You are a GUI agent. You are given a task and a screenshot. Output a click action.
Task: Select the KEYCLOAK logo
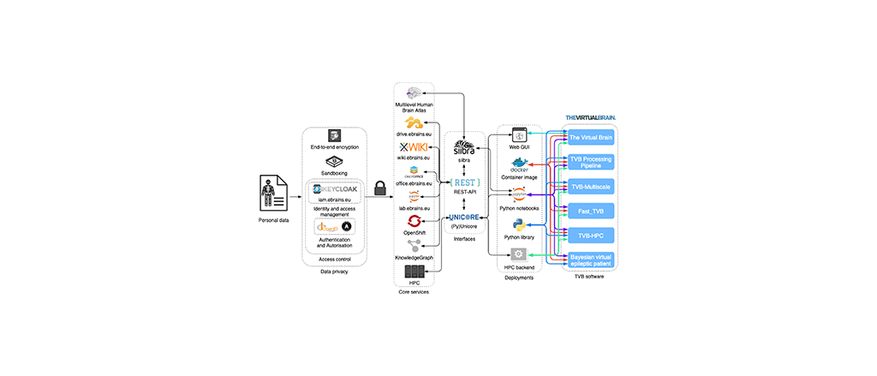click(335, 189)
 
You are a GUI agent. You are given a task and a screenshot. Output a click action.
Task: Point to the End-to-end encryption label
click(335, 147)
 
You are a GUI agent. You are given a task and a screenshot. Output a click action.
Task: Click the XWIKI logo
click(414, 146)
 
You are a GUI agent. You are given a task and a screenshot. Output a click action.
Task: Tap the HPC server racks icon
click(414, 272)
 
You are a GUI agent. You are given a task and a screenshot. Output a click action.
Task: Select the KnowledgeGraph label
click(414, 258)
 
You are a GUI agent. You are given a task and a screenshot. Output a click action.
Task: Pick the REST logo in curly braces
click(465, 181)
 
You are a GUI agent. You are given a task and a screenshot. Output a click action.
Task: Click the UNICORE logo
click(465, 218)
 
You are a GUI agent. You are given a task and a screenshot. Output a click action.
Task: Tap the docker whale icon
click(519, 164)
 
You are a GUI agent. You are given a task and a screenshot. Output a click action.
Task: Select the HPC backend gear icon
click(518, 254)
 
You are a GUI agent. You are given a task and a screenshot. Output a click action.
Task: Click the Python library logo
click(519, 224)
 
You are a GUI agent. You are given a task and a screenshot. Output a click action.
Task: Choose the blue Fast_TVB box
click(591, 209)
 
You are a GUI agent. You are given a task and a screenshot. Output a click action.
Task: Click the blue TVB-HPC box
click(591, 234)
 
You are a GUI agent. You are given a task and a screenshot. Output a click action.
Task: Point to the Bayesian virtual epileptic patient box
click(591, 259)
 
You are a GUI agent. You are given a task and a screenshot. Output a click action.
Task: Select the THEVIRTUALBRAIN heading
click(590, 116)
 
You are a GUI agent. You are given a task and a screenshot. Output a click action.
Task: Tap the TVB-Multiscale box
click(591, 185)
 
